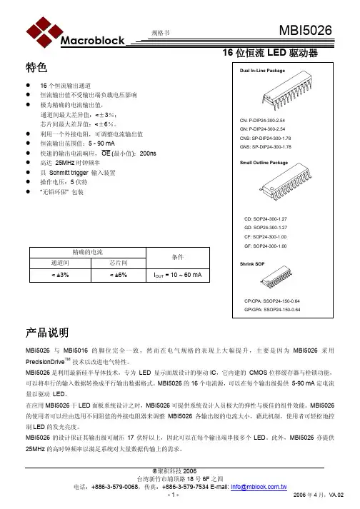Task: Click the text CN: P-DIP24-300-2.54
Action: (263, 120)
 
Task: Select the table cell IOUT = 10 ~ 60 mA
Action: (177, 274)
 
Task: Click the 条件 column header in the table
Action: (177, 256)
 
